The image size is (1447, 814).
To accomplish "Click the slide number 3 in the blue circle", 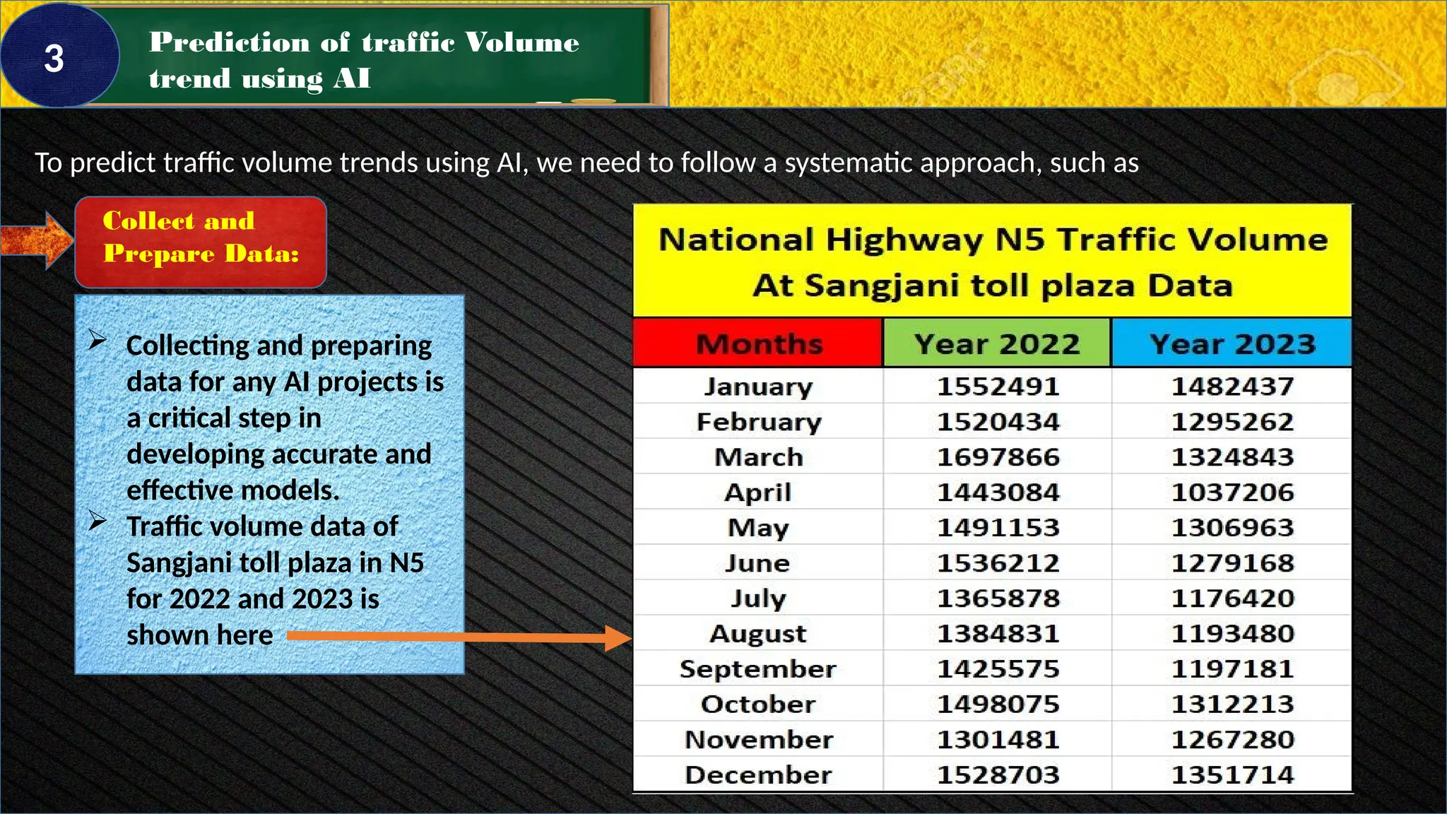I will (x=54, y=58).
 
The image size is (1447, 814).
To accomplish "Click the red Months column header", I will (x=758, y=344).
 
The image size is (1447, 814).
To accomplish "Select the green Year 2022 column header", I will (x=997, y=344).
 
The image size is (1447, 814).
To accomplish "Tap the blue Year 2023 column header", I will (x=1232, y=344).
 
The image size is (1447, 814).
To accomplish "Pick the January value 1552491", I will (x=998, y=387).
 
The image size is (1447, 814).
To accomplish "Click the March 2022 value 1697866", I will (x=998, y=457).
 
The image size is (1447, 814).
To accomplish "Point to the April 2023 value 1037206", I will (x=1232, y=492).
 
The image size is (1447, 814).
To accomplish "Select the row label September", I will (x=757, y=669).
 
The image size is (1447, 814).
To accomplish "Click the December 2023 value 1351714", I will (x=1232, y=775).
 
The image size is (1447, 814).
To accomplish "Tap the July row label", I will (x=757, y=598).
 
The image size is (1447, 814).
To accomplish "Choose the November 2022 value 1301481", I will (x=998, y=740).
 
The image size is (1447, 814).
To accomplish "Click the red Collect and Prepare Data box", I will (x=201, y=242).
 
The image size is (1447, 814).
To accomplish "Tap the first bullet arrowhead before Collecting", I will (x=98, y=341).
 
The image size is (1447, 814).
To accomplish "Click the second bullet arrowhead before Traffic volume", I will (x=98, y=522).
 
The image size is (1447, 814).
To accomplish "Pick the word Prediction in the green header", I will (x=229, y=42).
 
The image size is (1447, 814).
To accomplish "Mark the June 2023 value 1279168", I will (x=1232, y=563).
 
